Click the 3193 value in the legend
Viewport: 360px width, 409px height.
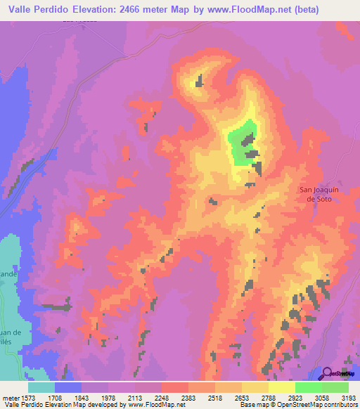[349, 397]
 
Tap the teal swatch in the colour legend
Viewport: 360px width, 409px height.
[41, 387]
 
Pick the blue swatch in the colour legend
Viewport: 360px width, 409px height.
[68, 387]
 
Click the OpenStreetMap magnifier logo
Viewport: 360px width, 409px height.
[326, 372]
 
